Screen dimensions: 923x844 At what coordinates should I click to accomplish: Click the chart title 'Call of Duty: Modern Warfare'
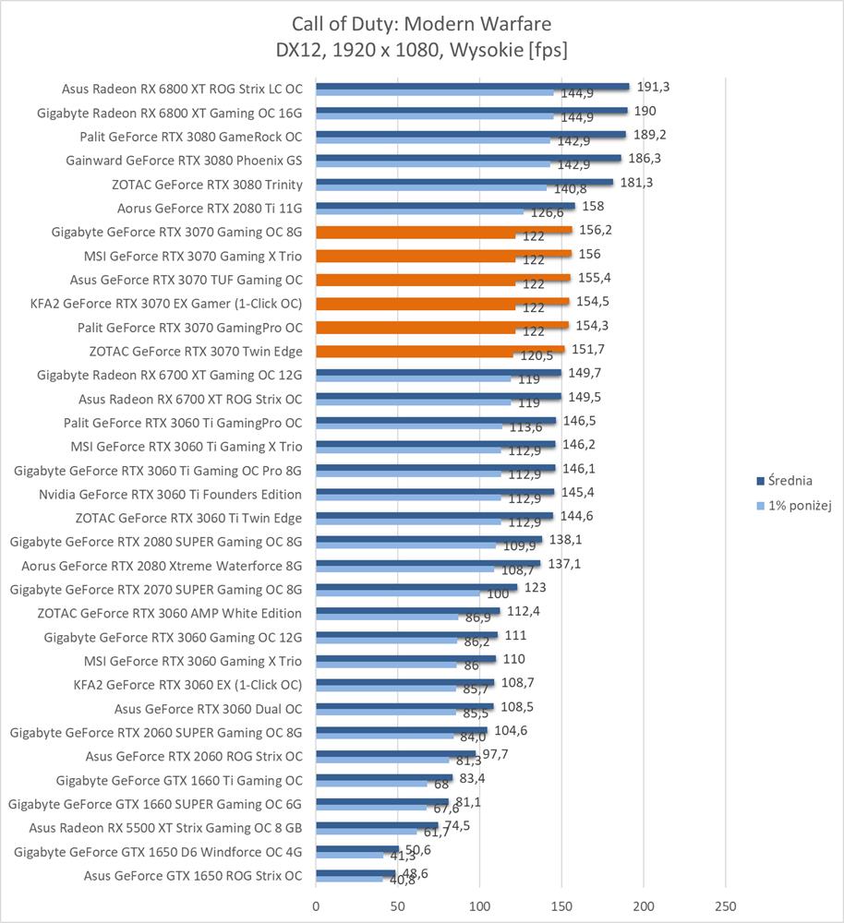[421, 23]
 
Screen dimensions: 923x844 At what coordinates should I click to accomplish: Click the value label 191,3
[652, 87]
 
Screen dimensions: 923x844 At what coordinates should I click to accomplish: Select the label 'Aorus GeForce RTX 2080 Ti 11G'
[210, 208]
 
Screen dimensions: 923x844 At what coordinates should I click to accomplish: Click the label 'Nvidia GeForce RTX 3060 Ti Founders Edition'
[170, 494]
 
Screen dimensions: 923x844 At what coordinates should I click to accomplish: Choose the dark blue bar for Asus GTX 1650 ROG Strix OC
[356, 872]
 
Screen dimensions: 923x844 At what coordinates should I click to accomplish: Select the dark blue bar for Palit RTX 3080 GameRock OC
[471, 134]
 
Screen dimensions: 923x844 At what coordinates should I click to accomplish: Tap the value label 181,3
[636, 182]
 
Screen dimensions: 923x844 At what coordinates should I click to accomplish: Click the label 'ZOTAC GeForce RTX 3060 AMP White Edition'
[170, 613]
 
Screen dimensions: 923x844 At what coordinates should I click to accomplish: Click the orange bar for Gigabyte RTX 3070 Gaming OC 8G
[444, 230]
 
